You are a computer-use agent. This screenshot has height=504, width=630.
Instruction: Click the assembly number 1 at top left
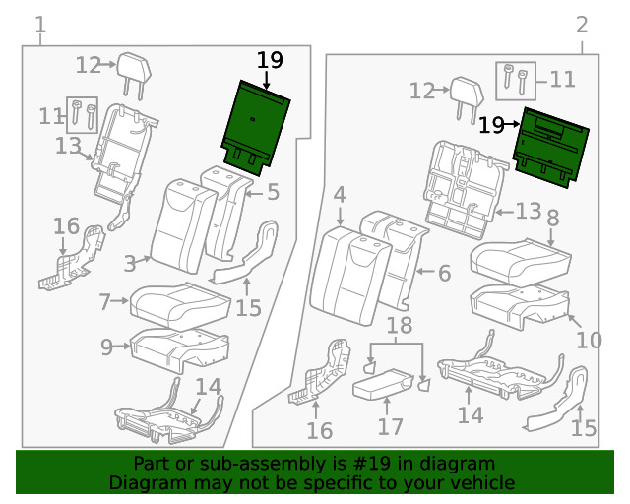pos(39,24)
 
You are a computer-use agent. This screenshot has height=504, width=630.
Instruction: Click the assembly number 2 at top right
pos(582,24)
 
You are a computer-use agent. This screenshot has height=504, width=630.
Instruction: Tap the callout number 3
pos(130,263)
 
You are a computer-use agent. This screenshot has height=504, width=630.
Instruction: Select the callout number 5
pos(273,192)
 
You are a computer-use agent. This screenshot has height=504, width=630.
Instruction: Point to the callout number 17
pos(391,426)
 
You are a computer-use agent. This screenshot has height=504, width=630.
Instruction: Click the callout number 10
pos(588,341)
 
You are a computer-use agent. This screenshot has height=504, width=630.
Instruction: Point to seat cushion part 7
pos(180,300)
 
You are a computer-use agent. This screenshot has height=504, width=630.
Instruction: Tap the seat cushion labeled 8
pos(520,258)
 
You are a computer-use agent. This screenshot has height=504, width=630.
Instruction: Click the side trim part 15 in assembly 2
pos(561,404)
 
